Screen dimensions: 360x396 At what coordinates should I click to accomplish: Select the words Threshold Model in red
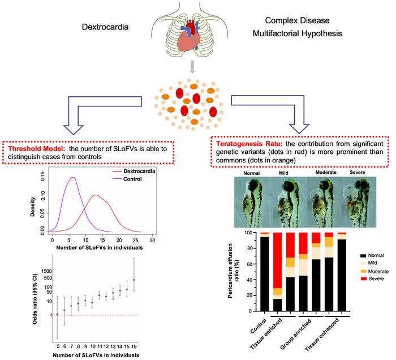pyautogui.click(x=35, y=148)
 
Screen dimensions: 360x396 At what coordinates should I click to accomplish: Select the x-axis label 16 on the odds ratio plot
pyautogui.click(x=134, y=346)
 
